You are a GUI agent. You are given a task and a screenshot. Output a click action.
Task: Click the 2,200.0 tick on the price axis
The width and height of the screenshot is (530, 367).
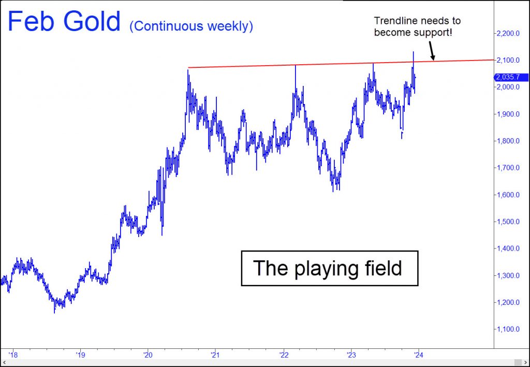(508, 33)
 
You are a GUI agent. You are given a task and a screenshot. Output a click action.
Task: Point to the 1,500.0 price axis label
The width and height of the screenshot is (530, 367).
(508, 222)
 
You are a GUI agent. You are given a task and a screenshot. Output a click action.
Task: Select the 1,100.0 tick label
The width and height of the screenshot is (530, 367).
(508, 329)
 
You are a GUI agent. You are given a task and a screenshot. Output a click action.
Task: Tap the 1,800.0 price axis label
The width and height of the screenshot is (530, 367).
(508, 141)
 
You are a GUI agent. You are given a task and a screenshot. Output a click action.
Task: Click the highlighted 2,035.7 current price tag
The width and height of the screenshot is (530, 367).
(510, 77)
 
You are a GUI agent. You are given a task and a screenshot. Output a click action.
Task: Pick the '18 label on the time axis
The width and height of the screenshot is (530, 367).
(13, 355)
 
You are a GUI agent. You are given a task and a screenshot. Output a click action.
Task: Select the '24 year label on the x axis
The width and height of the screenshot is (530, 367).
(418, 355)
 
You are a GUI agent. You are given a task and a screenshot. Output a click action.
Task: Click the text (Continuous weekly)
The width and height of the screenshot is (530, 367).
(191, 26)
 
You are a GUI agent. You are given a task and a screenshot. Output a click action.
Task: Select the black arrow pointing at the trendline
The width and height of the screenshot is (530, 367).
(432, 51)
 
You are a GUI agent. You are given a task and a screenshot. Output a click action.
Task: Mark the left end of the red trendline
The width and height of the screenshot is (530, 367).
(188, 68)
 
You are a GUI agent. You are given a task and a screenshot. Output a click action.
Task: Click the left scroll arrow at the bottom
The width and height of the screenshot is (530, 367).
(4, 362)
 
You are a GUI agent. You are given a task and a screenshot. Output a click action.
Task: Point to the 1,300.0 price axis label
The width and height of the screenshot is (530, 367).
(508, 275)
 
